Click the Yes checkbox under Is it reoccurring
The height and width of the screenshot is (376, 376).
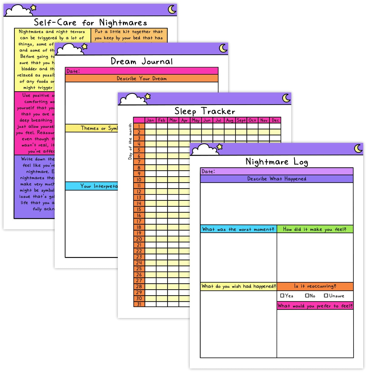click(x=282, y=296)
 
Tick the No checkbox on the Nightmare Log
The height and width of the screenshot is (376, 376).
click(x=307, y=296)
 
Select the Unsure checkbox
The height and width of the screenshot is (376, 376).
click(x=326, y=296)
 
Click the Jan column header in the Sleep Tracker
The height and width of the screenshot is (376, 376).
click(x=150, y=120)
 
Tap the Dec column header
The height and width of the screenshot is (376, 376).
click(x=275, y=120)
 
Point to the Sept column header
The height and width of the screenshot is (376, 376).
click(x=241, y=120)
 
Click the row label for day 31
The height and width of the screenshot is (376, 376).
click(x=139, y=304)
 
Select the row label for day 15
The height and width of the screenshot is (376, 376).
click(x=139, y=209)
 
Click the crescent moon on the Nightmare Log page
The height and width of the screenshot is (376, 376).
click(x=358, y=148)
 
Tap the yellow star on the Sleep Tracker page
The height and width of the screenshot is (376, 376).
click(x=148, y=96)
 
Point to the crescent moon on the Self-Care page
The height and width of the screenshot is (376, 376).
click(x=172, y=10)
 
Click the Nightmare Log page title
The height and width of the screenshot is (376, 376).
click(x=276, y=162)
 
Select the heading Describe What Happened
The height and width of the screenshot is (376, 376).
click(x=276, y=179)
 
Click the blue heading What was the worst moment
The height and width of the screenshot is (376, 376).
click(x=238, y=229)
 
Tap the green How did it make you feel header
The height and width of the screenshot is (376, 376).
click(x=315, y=229)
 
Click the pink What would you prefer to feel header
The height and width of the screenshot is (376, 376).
click(x=315, y=306)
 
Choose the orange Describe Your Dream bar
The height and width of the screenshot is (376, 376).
click(x=142, y=78)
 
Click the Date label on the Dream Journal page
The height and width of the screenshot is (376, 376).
click(x=73, y=71)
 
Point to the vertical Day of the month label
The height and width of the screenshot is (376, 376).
click(x=130, y=142)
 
